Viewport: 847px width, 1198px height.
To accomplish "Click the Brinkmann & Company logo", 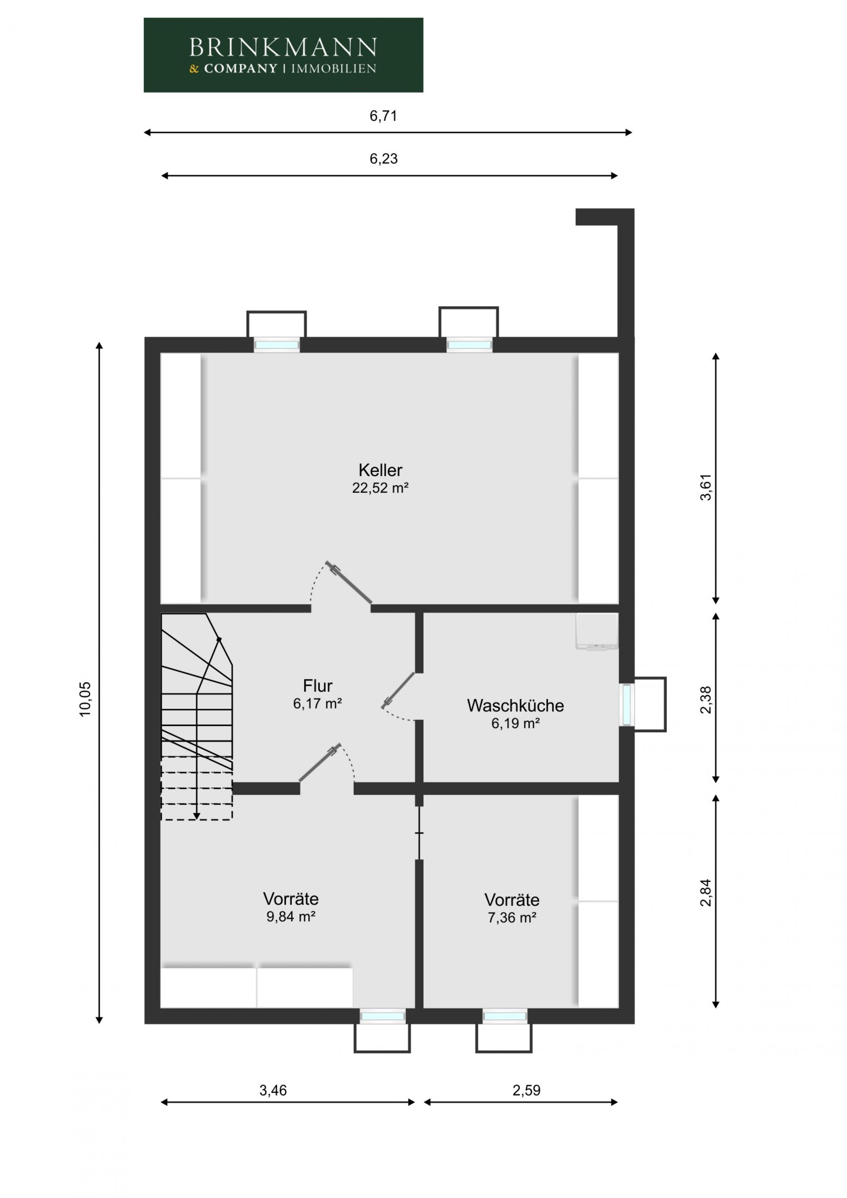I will pos(283,55).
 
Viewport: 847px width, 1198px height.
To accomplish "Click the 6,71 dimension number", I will pos(383,116).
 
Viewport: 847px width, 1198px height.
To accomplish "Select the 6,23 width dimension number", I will pos(383,159).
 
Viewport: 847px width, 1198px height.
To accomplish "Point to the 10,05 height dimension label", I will pos(85,699).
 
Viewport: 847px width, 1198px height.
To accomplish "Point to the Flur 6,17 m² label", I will pos(317,694).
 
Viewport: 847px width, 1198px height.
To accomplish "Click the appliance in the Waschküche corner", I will pos(597,631).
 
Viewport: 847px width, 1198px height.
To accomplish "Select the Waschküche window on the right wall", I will pos(626,704).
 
